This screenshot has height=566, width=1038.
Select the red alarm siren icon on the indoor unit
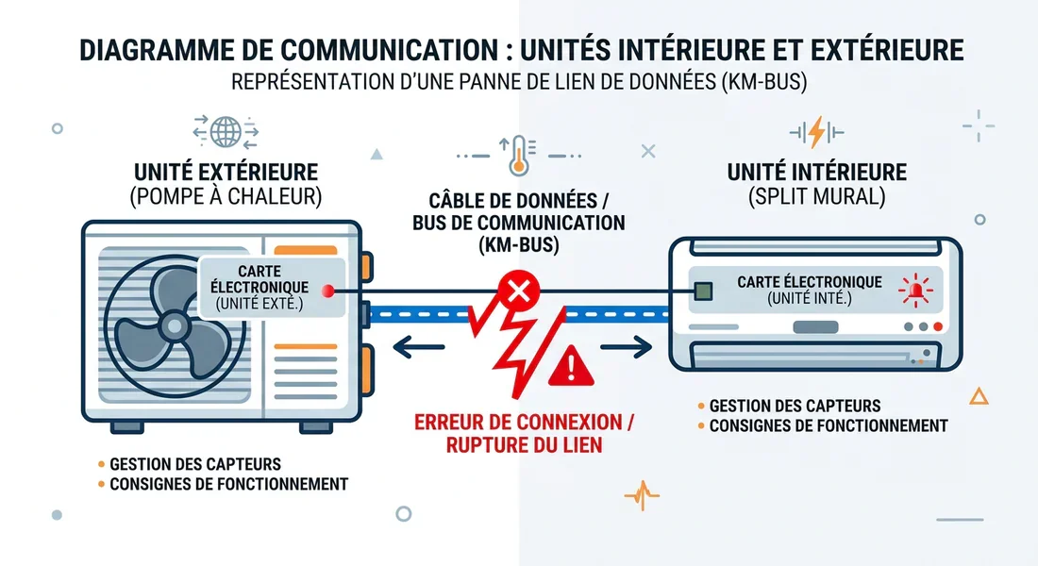[912, 291]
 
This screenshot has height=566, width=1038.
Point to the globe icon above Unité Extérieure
[226, 131]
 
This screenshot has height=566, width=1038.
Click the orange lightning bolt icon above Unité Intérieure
[816, 131]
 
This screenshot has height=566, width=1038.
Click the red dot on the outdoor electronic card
[327, 291]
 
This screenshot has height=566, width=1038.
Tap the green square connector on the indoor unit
[702, 291]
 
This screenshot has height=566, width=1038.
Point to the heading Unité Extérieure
[226, 173]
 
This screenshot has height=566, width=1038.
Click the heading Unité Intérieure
[816, 173]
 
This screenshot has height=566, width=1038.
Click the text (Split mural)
[816, 198]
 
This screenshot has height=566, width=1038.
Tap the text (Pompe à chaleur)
[226, 197]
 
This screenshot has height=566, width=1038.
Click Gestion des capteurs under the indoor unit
[795, 406]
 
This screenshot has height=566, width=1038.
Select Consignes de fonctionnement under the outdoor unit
[228, 485]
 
